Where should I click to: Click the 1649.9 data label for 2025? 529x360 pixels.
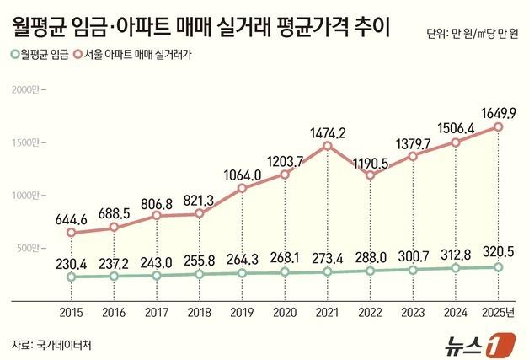click(x=498, y=111)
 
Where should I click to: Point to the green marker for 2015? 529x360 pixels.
click(x=72, y=277)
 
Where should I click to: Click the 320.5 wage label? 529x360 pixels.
click(x=498, y=252)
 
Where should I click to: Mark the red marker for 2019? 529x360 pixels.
click(x=242, y=188)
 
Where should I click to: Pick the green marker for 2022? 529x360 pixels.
click(x=370, y=271)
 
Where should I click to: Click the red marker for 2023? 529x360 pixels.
click(x=412, y=156)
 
